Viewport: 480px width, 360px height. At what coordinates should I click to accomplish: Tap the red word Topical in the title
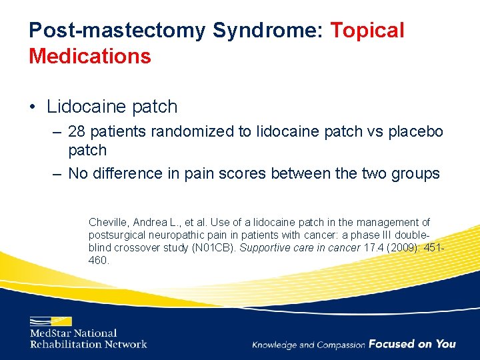point(367,30)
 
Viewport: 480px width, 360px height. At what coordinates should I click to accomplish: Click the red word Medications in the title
point(90,56)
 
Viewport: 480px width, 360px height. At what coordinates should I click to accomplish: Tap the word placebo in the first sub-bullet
point(415,132)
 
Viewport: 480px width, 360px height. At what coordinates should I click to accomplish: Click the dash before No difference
point(57,173)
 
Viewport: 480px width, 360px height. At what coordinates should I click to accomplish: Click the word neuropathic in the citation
point(173,235)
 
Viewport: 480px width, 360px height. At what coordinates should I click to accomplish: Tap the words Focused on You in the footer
point(411,344)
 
